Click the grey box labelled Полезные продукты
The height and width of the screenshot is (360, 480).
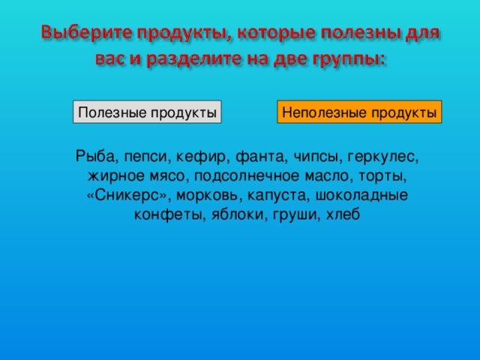coord(148,112)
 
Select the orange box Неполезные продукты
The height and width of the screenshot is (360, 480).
coord(359,112)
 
